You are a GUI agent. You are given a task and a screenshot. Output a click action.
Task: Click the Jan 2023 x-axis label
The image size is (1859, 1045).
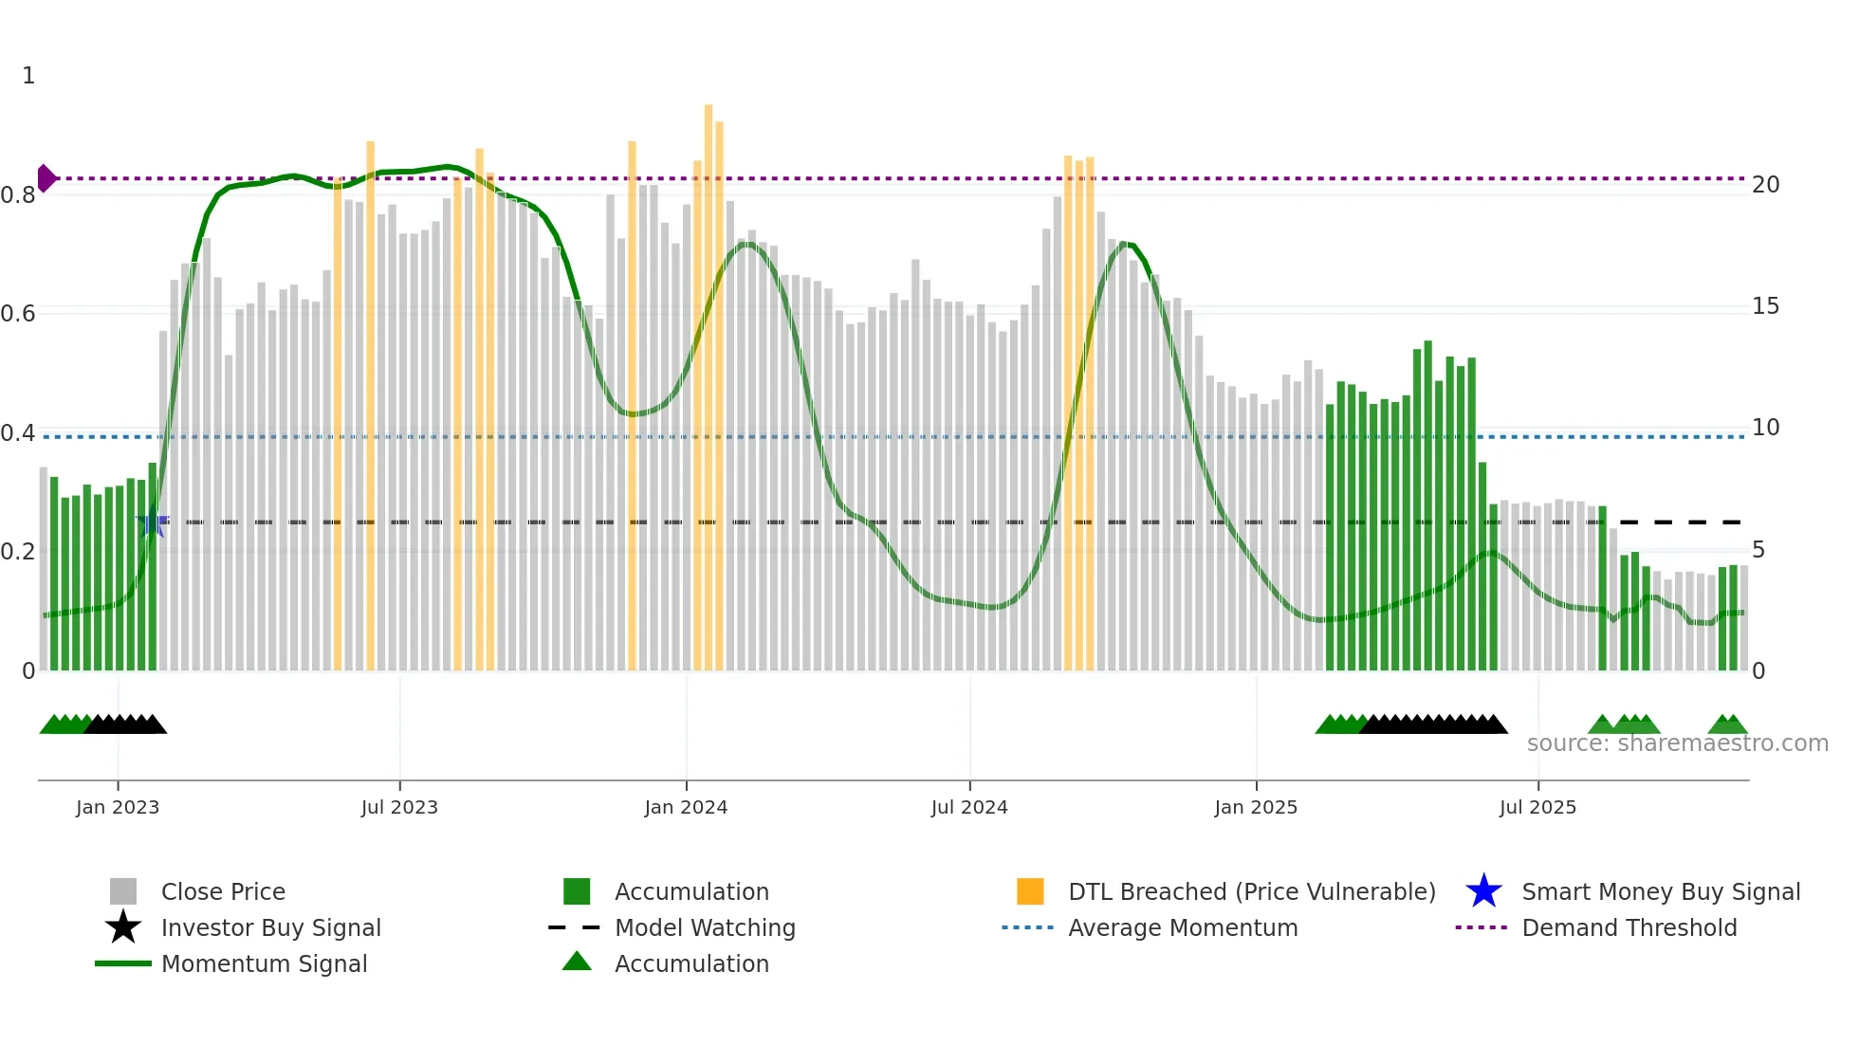(x=118, y=807)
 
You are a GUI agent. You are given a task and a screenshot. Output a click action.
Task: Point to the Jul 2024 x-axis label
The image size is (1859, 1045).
(x=969, y=807)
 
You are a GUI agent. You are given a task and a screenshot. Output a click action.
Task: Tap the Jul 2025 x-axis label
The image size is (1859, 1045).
(x=1537, y=807)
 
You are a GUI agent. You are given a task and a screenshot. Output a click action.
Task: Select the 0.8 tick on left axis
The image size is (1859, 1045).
(x=18, y=195)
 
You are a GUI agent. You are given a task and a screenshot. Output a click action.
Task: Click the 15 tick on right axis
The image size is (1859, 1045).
(x=1765, y=306)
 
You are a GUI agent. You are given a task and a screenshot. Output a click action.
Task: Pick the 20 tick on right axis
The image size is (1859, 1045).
(x=1765, y=185)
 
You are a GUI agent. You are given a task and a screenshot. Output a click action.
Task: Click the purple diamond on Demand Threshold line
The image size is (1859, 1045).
(x=46, y=178)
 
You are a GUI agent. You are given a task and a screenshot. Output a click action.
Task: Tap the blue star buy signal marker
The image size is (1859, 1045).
(x=152, y=522)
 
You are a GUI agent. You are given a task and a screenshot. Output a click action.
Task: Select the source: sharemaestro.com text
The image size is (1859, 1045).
(x=1677, y=743)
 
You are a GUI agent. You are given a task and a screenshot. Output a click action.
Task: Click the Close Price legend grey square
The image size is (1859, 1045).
(x=123, y=891)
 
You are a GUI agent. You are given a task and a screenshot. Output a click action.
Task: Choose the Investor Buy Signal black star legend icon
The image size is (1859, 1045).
(x=123, y=927)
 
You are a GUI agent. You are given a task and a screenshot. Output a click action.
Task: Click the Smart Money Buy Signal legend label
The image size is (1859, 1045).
(x=1660, y=891)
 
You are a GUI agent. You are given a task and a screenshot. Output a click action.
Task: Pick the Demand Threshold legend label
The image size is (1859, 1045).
(x=1629, y=927)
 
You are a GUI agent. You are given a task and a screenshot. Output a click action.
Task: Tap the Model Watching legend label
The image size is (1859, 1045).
(x=705, y=927)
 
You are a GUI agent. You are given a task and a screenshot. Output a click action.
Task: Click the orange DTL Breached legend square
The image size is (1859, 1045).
(x=1030, y=891)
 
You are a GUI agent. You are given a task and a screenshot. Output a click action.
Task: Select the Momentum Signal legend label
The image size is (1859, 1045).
(x=264, y=963)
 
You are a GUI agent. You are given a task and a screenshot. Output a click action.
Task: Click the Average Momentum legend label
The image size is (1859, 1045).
(x=1182, y=927)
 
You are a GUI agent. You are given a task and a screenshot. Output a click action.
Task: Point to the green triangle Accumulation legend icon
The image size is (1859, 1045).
(x=577, y=962)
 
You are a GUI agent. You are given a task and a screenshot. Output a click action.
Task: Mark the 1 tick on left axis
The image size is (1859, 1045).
(x=28, y=76)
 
